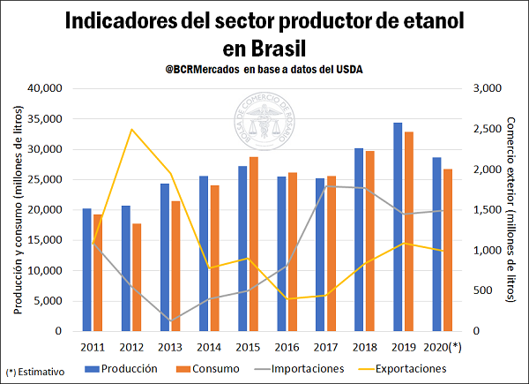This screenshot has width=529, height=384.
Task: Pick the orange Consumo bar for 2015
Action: [x=253, y=244]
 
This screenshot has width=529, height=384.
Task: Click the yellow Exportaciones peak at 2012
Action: [x=131, y=129]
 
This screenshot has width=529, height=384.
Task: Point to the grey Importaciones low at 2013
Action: [x=170, y=320]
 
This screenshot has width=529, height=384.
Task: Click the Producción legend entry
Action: [x=123, y=368]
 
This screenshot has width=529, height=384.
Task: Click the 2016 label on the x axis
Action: [x=287, y=348]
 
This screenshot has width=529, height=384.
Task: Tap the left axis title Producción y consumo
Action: [x=17, y=209]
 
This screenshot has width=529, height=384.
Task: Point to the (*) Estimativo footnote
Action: [x=35, y=373]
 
